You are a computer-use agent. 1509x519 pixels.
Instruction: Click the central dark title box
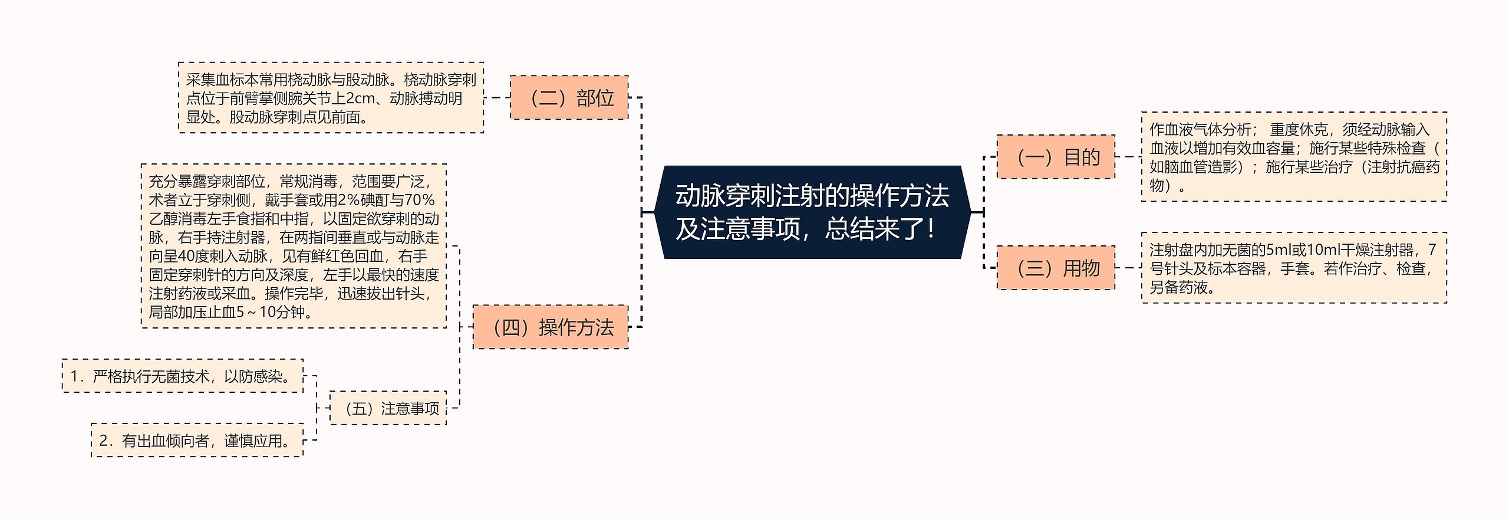[812, 212]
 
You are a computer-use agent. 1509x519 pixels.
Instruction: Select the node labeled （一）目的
[1055, 157]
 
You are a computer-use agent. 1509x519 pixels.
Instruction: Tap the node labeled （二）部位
[569, 97]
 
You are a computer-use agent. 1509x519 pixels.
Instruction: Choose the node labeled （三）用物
[1055, 268]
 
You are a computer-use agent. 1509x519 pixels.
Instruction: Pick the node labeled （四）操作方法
[551, 327]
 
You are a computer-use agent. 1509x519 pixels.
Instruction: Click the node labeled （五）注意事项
[388, 408]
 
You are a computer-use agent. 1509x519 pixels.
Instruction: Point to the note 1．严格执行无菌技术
[183, 376]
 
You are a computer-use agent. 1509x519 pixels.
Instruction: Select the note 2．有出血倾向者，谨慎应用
[197, 440]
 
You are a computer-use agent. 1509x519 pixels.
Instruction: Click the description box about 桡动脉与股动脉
[331, 98]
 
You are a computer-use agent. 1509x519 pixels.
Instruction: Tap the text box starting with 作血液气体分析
[1294, 157]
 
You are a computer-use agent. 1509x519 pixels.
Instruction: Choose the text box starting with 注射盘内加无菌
[1294, 268]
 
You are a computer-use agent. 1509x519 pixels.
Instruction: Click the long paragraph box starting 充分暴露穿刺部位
[294, 246]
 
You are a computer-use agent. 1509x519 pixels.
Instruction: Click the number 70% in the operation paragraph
[419, 201]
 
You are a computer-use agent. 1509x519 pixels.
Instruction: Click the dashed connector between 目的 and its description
[1128, 157]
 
